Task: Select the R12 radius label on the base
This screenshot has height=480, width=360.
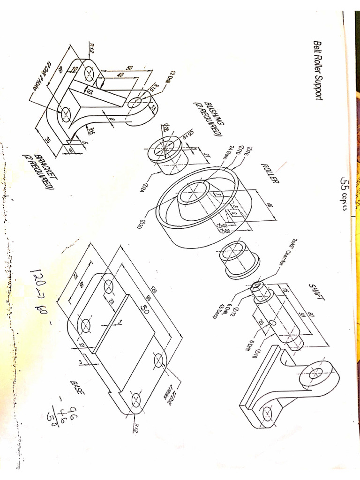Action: coord(135,427)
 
